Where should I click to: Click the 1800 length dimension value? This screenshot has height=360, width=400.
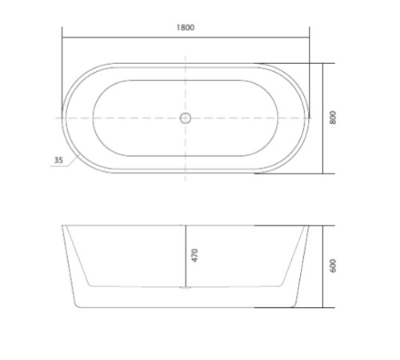[186, 27]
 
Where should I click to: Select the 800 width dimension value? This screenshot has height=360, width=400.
[333, 118]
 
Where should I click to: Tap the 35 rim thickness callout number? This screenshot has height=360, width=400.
[58, 160]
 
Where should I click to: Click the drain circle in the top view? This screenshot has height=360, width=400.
[186, 118]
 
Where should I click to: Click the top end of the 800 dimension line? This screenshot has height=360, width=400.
[323, 63]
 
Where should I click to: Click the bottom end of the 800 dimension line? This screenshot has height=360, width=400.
[323, 174]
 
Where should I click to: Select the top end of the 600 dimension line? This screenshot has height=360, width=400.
[323, 226]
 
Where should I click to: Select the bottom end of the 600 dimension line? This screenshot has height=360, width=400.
[323, 308]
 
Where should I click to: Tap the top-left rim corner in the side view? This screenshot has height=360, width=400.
[63, 226]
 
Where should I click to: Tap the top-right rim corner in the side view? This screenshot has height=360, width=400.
[309, 226]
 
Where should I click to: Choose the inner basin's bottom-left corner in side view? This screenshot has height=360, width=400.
[87, 285]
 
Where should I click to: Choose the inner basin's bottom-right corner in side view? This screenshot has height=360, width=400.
[284, 285]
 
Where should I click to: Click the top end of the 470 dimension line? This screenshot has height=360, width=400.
[186, 226]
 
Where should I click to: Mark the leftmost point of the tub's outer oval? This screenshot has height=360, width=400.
[63, 118]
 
